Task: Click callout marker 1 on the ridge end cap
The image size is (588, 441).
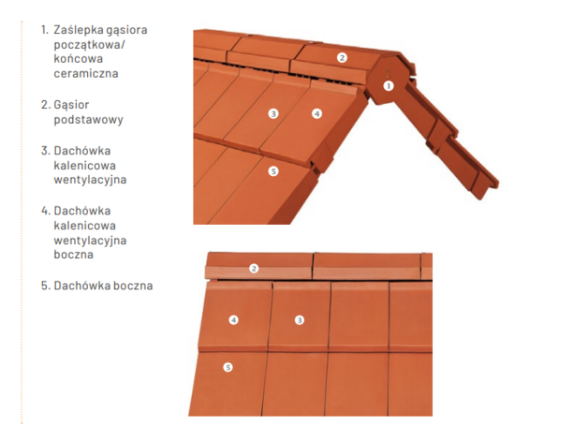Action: point(389,86)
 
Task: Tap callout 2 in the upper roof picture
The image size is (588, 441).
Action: point(342,58)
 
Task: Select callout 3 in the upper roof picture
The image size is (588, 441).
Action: point(273,113)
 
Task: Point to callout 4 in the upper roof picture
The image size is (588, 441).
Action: point(316,113)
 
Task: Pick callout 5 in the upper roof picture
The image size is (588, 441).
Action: point(273,171)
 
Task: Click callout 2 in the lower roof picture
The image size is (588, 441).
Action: point(254,269)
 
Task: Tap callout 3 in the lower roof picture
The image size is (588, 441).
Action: point(300,320)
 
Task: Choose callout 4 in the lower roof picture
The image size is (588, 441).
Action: point(234,320)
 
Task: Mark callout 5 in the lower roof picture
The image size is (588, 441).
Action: point(228,367)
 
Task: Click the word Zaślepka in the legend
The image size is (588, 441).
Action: point(74,30)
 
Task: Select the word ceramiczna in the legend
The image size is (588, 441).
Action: point(86,73)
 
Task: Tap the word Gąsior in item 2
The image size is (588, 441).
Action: point(71,106)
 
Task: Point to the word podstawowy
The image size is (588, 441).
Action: point(89,120)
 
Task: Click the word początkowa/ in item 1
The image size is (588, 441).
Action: point(89,45)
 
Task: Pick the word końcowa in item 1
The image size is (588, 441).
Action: point(78,59)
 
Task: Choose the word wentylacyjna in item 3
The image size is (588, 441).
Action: point(90,180)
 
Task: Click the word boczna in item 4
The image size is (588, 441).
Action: point(73,255)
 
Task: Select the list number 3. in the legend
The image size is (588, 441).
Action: point(46,151)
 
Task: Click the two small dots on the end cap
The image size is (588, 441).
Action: point(389,73)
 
